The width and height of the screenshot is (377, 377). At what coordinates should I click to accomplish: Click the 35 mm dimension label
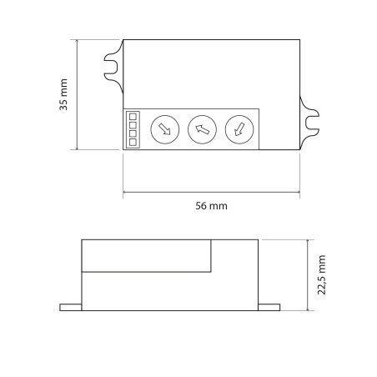63,94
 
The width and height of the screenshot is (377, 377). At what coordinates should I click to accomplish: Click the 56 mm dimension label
211,206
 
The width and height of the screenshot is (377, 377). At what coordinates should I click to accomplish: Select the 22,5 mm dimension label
321,274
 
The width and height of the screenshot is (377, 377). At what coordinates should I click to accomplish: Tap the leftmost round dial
165,129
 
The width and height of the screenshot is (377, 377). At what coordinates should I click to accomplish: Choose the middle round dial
202,129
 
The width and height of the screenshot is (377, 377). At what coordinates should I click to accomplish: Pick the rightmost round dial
239,129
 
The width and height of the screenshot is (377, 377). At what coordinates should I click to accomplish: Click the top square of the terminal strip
133,116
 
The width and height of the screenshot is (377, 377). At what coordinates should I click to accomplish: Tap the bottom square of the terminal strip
133,142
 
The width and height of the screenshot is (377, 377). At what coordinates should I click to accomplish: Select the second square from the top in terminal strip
133,125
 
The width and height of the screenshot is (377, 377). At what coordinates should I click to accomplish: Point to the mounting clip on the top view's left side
113,67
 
